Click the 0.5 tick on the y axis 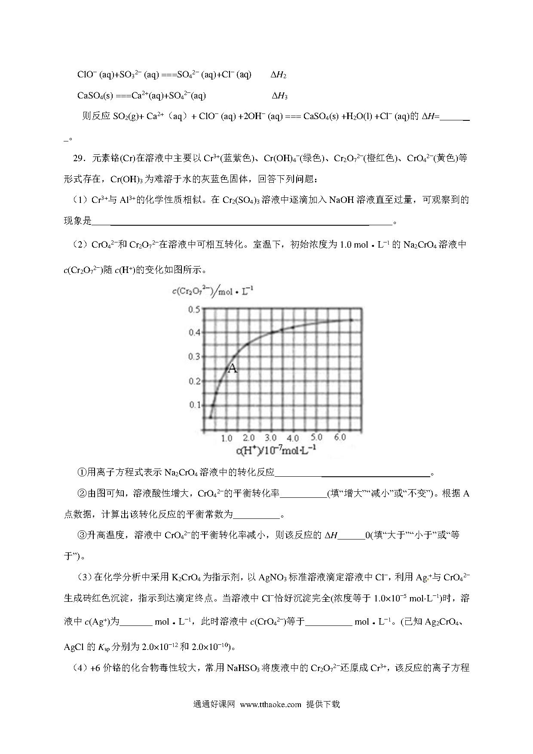(x=194, y=310)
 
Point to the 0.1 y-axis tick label (x=194, y=405)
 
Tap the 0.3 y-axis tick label (x=194, y=356)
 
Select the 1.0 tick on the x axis (x=227, y=438)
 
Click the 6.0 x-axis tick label (x=340, y=437)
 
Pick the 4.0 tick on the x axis (x=293, y=438)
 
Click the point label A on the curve (x=232, y=368)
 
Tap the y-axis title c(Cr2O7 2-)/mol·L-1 (x=212, y=291)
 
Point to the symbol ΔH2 (x=278, y=75)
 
